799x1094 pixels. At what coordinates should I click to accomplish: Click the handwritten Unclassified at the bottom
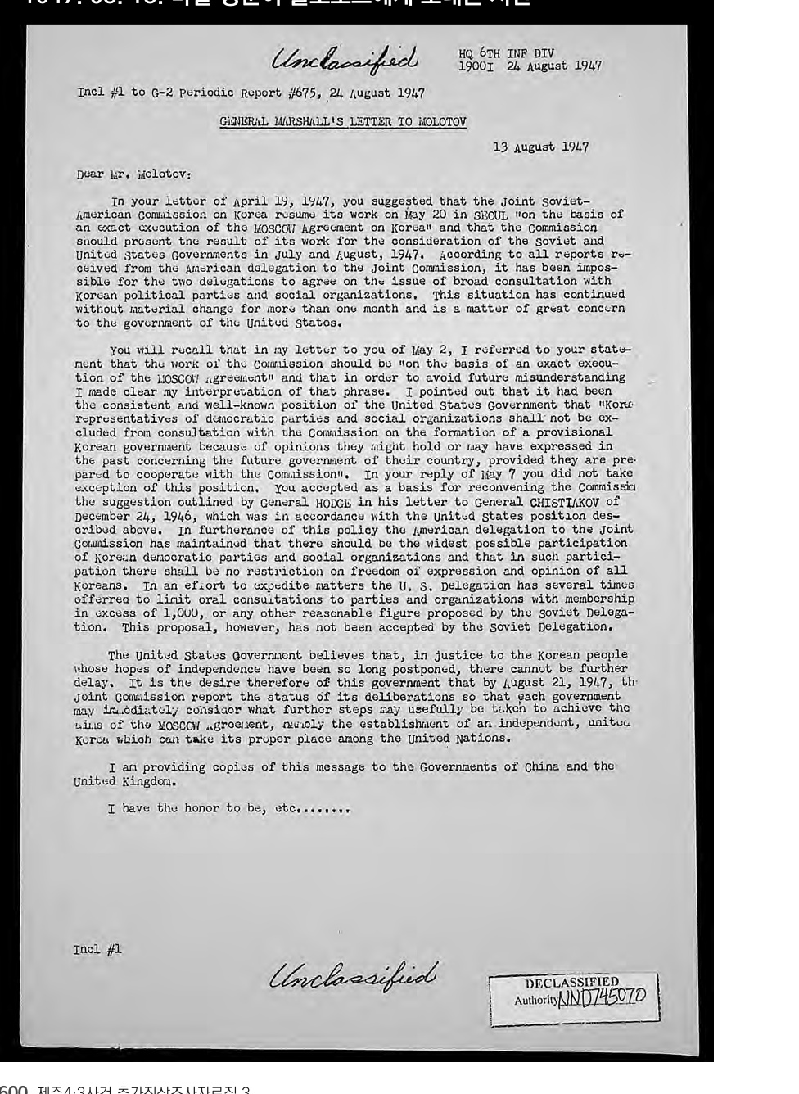(x=354, y=974)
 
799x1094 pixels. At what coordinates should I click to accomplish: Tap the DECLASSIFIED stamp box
(x=573, y=997)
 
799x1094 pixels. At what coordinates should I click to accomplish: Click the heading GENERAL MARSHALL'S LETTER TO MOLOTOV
(x=343, y=122)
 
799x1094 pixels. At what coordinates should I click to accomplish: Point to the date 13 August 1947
(x=540, y=147)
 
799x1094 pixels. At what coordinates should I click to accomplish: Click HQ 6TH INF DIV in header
(x=506, y=54)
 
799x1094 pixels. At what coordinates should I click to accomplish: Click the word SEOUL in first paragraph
(x=490, y=215)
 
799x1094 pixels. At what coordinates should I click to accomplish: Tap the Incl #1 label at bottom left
(x=97, y=949)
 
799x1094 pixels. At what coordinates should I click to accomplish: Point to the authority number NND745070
(x=602, y=997)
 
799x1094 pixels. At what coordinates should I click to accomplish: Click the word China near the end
(x=542, y=766)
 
